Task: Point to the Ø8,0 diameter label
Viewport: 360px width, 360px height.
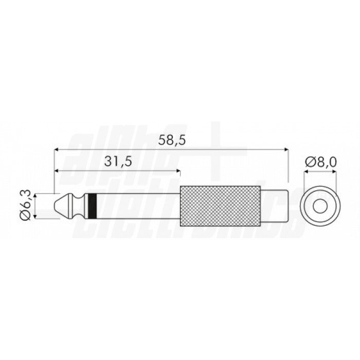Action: [x=320, y=161]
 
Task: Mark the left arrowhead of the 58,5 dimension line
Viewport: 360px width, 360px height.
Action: [x=57, y=149]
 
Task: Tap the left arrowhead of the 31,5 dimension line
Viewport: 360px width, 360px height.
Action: [x=57, y=171]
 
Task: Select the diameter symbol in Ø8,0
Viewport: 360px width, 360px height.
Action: [x=310, y=161]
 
